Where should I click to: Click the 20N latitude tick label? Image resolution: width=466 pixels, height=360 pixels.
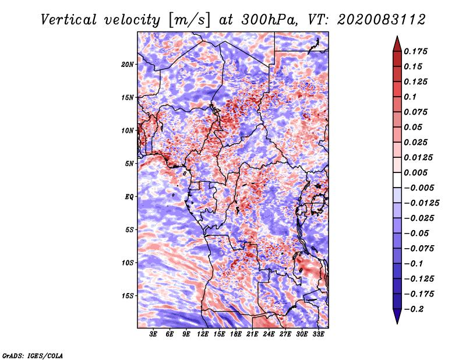coord(127,65)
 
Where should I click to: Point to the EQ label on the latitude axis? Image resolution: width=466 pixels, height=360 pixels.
coord(129,197)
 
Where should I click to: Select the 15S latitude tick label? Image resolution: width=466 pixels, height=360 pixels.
coord(127,296)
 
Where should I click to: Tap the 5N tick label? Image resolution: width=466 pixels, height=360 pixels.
coord(129,164)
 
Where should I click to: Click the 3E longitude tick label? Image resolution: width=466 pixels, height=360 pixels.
coord(153,334)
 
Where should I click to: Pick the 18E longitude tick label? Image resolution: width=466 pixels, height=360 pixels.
coord(235,334)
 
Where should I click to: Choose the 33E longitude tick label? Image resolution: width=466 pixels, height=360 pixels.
coord(318,334)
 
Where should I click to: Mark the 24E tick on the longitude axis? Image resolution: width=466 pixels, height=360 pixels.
coord(269,334)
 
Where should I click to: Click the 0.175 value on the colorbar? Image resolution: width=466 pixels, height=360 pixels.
coord(415,51)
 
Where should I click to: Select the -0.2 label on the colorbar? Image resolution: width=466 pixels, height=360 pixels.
coord(414,309)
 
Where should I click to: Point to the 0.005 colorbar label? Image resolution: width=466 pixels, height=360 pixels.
coord(415,172)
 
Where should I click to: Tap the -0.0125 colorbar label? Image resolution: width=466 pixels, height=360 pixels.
coord(421,203)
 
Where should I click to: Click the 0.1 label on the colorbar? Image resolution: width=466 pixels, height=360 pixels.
coord(410,97)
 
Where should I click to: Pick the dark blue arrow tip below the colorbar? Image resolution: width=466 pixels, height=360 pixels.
coord(397,323)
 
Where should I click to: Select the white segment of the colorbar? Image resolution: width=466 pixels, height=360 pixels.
coord(397,180)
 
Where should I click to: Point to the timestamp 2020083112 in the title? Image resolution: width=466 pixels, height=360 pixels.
coord(382,20)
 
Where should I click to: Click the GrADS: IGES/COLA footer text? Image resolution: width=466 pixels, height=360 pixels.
coord(33,355)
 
